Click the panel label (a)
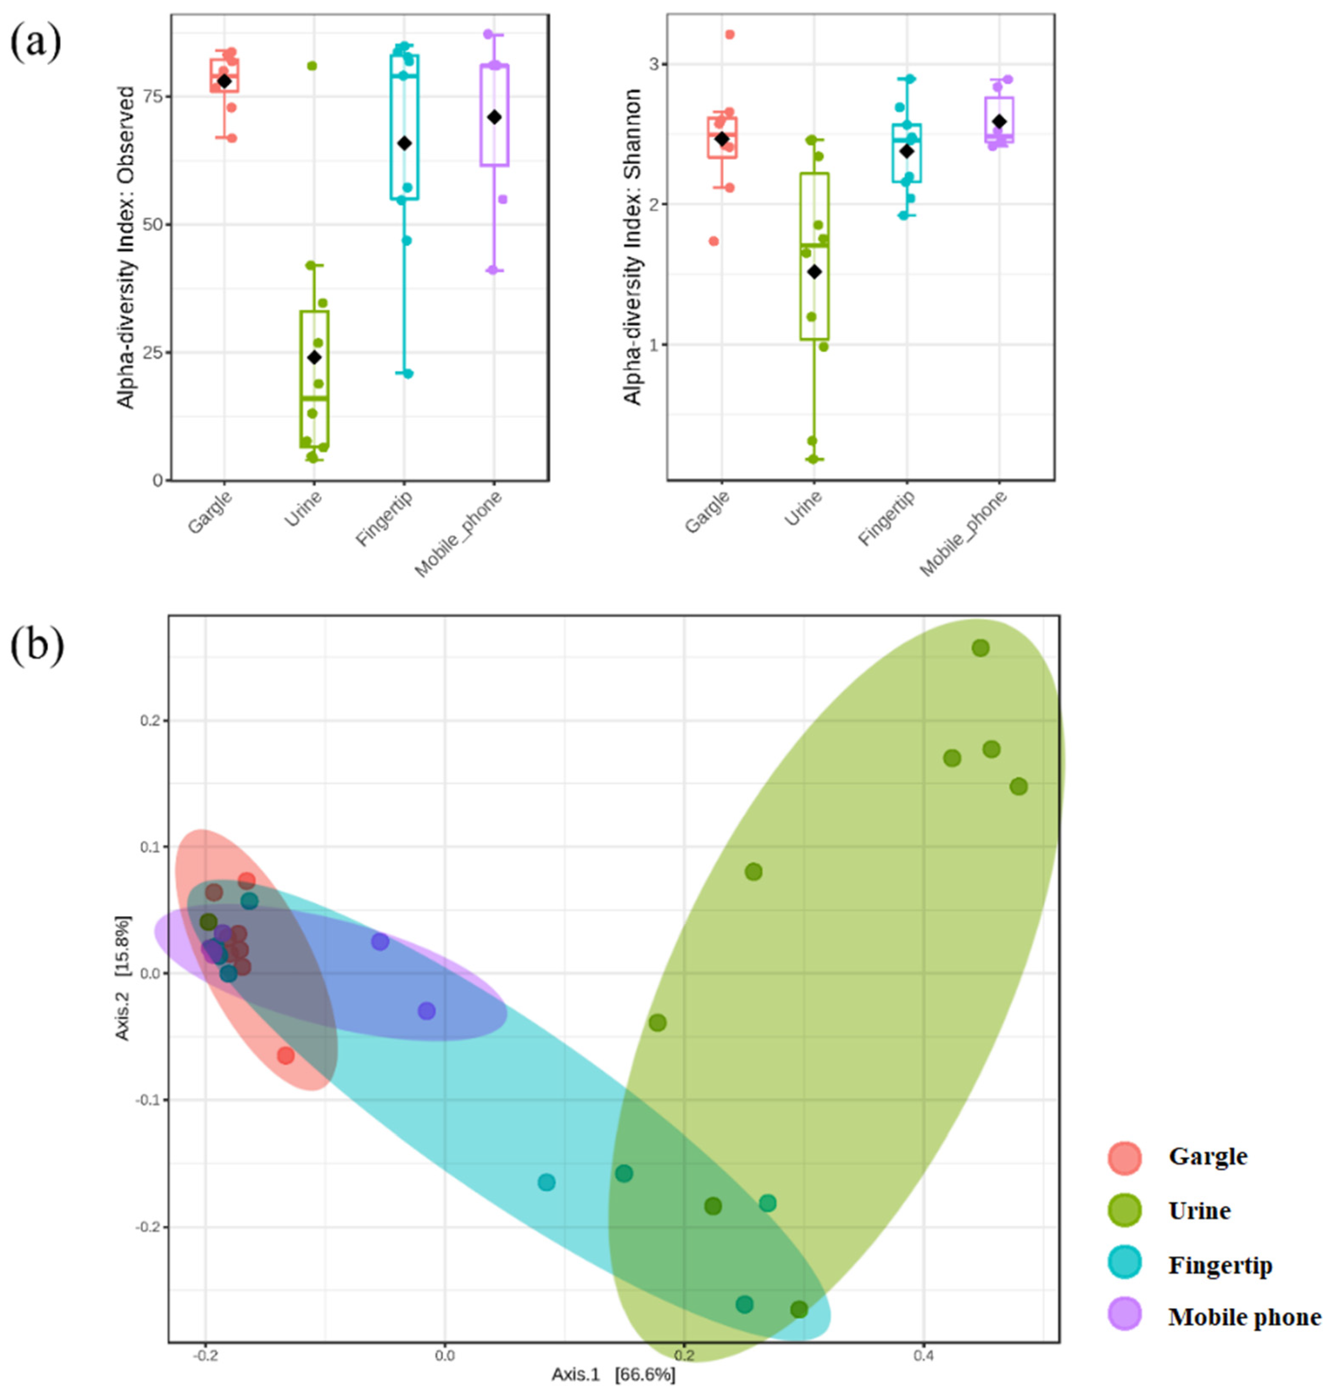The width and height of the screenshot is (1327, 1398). (x=35, y=43)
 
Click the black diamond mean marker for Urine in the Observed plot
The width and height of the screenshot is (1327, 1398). (x=314, y=358)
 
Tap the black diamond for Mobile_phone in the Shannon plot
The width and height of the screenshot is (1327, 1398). (x=999, y=122)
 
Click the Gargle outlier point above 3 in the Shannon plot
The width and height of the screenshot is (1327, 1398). (x=730, y=34)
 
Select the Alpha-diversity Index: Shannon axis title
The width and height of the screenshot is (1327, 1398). (x=633, y=247)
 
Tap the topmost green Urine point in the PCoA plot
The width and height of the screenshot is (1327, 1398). (x=980, y=648)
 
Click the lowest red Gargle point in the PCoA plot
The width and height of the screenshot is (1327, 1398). (x=285, y=1056)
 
